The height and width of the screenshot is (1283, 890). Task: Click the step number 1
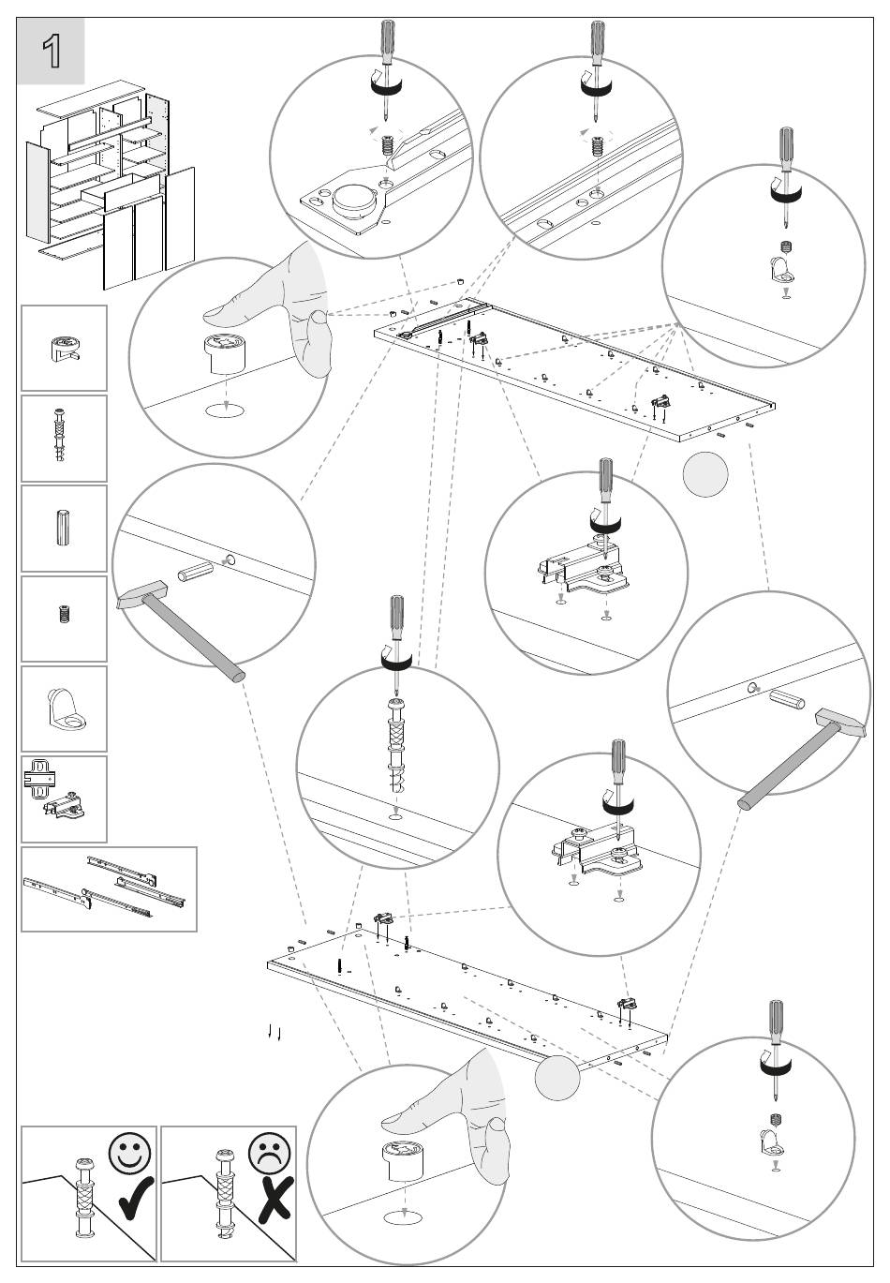click(x=52, y=52)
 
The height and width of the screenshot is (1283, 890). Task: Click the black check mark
click(x=136, y=1198)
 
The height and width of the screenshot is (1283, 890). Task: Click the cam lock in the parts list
click(x=64, y=349)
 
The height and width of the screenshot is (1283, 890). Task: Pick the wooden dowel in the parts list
click(x=63, y=528)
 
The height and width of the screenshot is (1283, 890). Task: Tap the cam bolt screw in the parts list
click(x=59, y=437)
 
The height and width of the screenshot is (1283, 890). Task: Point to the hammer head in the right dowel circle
click(x=839, y=723)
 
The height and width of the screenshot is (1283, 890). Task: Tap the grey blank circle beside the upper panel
click(x=705, y=474)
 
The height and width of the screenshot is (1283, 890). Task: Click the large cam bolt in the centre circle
click(x=396, y=745)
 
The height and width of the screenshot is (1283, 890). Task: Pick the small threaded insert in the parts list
click(x=64, y=615)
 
